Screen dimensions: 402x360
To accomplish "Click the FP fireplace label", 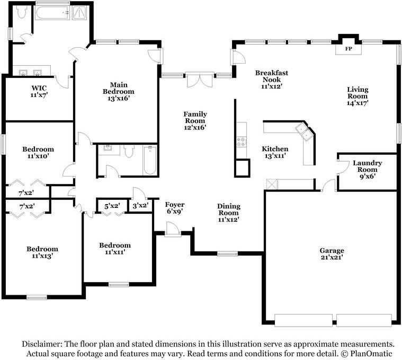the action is coord(349,48).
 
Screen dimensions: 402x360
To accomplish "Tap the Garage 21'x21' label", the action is coord(332,254).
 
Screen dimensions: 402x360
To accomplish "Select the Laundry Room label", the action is coord(368,166).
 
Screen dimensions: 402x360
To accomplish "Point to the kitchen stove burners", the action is coord(241,142).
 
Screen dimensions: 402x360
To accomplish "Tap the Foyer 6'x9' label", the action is coord(175,208).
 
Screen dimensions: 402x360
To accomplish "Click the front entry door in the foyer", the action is coord(173,229).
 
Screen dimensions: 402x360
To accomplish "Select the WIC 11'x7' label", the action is coord(39,91).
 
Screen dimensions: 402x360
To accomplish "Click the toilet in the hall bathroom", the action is coord(129,151).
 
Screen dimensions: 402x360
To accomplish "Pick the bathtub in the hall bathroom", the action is coord(150,160).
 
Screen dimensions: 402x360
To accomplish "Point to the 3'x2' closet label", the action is coord(140,206).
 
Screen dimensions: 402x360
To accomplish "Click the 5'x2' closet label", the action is coord(112,206).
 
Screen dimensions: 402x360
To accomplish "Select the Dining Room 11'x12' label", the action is coord(228,213).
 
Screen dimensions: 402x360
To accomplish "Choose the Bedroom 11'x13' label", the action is coord(42,252).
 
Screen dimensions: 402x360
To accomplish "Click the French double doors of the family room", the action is coord(200,80).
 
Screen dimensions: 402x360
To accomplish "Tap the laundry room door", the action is coord(342,168).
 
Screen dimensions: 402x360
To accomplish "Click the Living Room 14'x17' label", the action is coord(358,96).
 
